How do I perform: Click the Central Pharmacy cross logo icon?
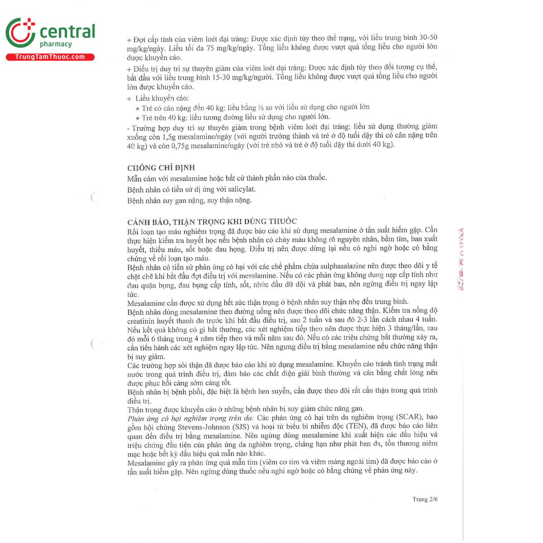click(x=20, y=33)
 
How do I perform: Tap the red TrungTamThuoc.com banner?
click(x=50, y=57)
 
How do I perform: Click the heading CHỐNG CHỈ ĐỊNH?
click(x=161, y=167)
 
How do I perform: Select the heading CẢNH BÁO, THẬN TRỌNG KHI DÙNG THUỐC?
click(x=212, y=221)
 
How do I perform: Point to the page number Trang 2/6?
click(x=425, y=499)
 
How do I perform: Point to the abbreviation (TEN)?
click(x=356, y=426)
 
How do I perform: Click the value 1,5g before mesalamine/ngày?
click(x=170, y=137)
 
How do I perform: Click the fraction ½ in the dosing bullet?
click(x=261, y=107)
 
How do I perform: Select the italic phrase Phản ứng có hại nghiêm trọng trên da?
click(x=191, y=418)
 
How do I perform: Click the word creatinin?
click(x=141, y=321)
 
